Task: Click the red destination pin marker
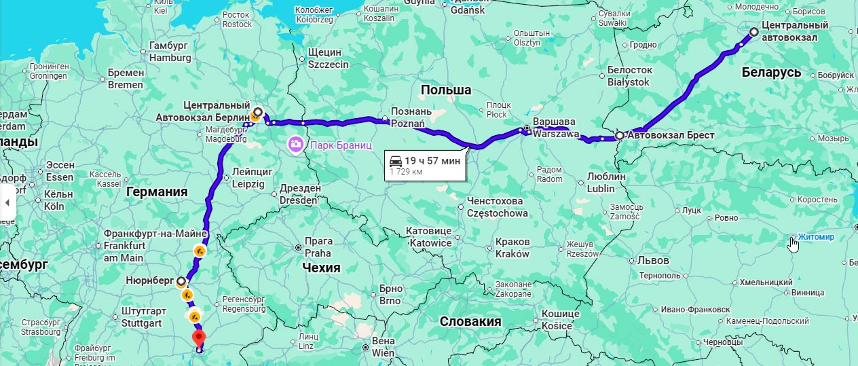(x=198, y=337)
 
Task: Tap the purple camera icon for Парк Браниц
(x=296, y=144)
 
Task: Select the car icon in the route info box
(x=395, y=161)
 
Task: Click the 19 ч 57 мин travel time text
(x=432, y=161)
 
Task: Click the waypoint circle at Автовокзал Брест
(x=619, y=136)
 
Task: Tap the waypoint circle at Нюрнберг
(x=181, y=280)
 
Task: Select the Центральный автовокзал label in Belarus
(x=795, y=31)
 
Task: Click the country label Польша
(x=445, y=90)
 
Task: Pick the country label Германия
(x=156, y=192)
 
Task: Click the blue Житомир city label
(x=816, y=237)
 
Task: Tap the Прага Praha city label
(x=318, y=247)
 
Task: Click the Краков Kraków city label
(x=512, y=248)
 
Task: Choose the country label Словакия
(x=470, y=321)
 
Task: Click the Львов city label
(x=653, y=260)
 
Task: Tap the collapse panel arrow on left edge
(x=7, y=202)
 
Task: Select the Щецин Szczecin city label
(x=328, y=58)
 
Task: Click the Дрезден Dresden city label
(x=299, y=194)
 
